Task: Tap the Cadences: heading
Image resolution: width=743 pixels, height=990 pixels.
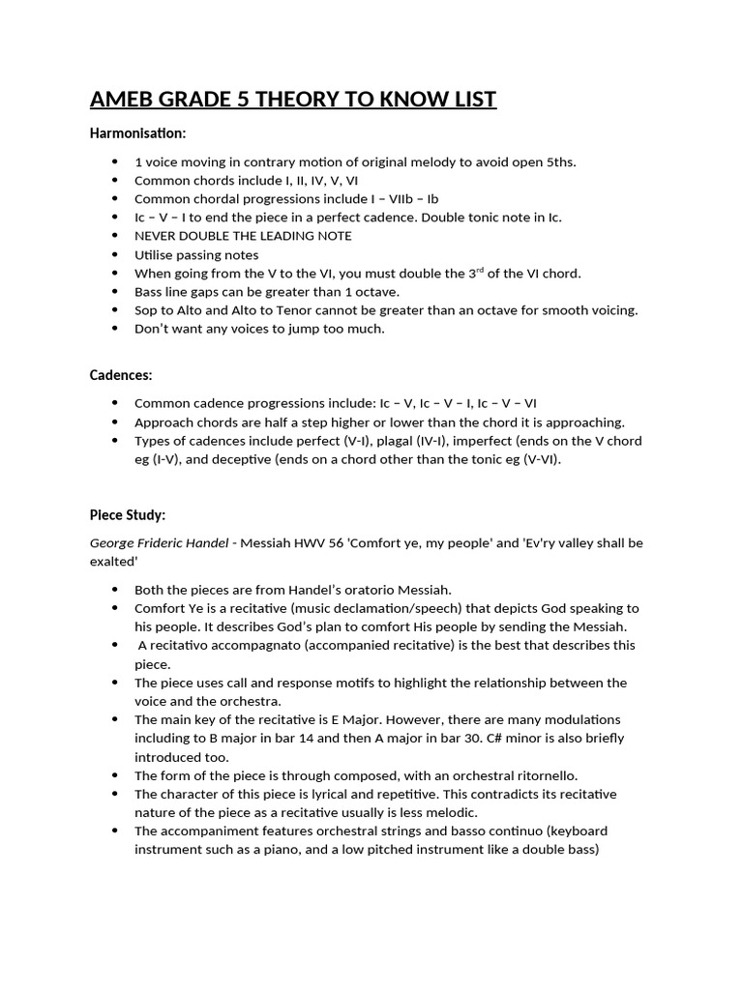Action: pyautogui.click(x=121, y=375)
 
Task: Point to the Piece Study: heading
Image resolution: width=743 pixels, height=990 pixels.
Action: pyautogui.click(x=128, y=514)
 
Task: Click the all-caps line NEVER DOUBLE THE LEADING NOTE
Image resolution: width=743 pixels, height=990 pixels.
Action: pyautogui.click(x=243, y=236)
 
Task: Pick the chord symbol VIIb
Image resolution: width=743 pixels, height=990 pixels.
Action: pyautogui.click(x=391, y=199)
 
